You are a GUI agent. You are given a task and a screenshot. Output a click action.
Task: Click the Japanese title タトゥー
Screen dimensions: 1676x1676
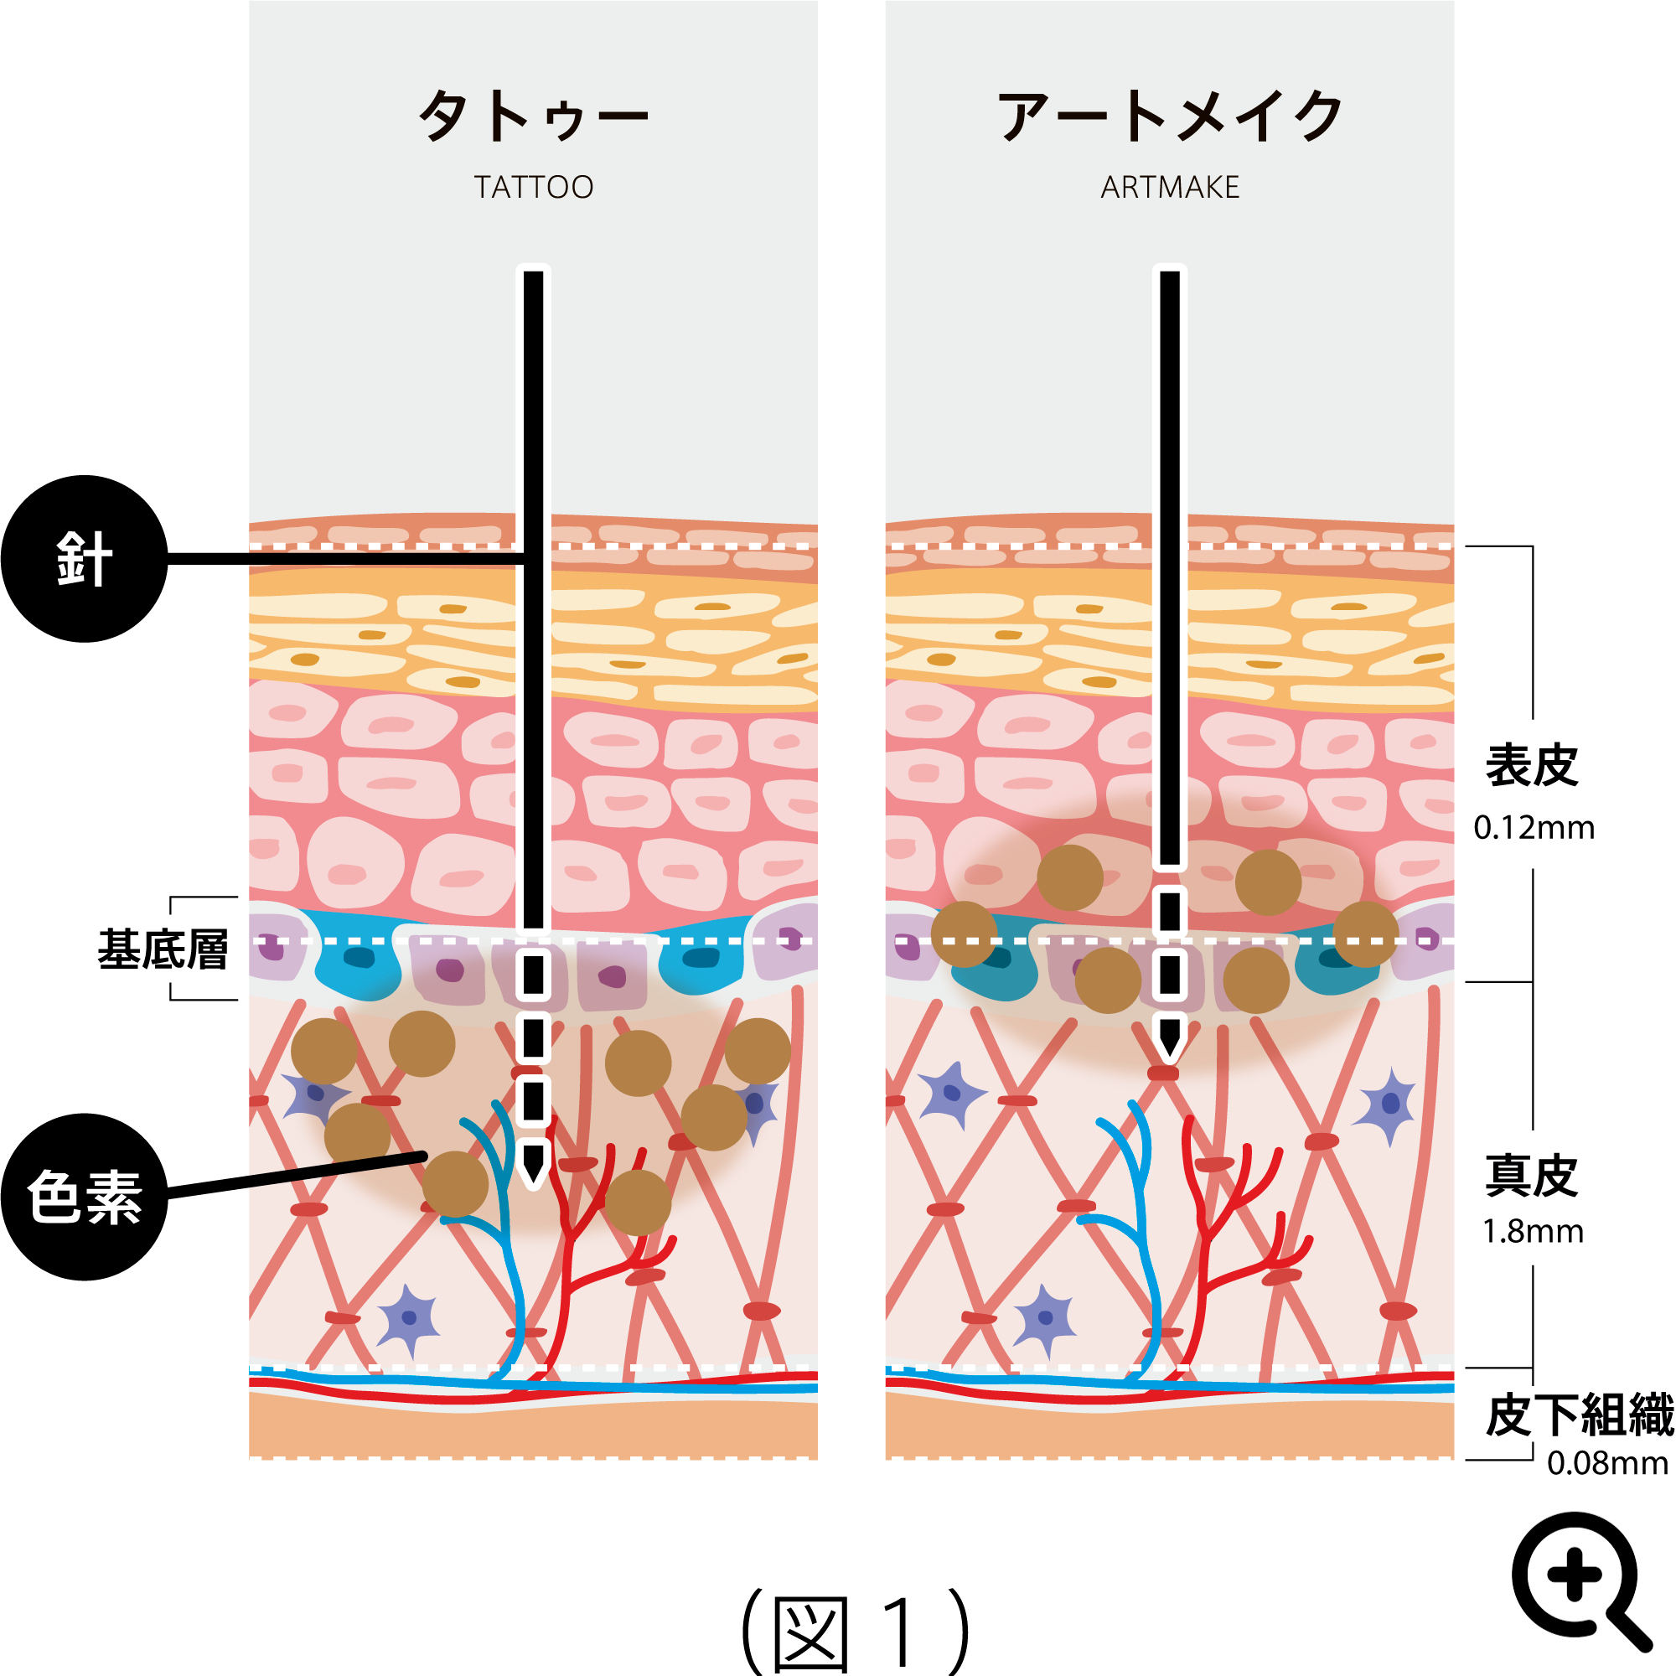(533, 116)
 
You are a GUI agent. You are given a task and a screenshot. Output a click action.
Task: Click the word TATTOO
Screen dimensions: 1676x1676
(533, 188)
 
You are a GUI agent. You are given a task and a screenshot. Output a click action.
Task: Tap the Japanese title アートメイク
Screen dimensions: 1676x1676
(1169, 116)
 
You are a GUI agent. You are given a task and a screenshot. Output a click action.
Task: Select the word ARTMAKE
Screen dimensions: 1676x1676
(1169, 188)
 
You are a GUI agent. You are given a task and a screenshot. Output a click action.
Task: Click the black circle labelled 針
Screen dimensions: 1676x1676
(84, 559)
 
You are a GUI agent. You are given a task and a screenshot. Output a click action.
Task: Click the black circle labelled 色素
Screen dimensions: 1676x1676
(84, 1198)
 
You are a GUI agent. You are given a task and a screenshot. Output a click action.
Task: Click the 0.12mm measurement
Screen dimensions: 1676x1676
(1533, 828)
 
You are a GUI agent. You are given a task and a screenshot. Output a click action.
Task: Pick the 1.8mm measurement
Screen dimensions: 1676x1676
(1533, 1231)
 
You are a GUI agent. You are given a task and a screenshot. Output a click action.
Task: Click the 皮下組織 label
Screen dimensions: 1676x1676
(1579, 1415)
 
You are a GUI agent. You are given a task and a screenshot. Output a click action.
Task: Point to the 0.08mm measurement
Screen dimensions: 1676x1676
(1606, 1463)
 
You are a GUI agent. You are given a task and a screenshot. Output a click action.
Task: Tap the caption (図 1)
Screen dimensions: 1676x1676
(855, 1631)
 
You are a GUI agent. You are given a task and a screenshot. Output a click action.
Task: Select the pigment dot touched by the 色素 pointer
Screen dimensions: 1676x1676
(454, 1184)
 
